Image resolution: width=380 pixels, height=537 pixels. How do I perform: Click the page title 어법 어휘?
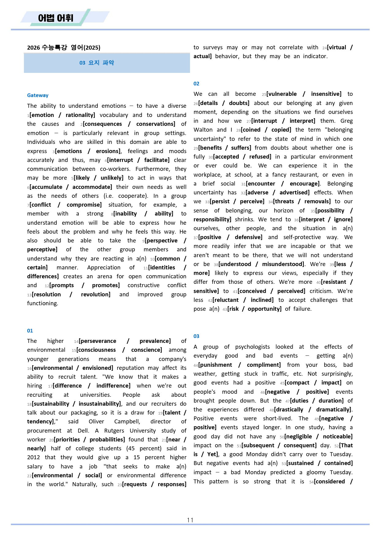point(56,18)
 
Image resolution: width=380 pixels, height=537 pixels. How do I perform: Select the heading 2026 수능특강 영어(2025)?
point(64,47)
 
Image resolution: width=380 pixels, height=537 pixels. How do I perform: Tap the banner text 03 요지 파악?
point(97,63)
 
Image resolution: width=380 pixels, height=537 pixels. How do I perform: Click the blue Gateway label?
point(38,95)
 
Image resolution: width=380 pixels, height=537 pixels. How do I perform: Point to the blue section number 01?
point(30,331)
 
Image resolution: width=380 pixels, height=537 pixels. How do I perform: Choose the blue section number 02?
point(196,84)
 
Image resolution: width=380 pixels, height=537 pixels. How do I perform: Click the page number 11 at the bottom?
point(190,520)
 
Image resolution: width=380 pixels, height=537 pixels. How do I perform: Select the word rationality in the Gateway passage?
point(80,115)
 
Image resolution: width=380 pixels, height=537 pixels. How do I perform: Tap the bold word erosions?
point(108,151)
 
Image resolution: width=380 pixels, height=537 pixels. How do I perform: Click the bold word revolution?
point(95,295)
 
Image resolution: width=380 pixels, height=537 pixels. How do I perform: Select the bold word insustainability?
point(99,404)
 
